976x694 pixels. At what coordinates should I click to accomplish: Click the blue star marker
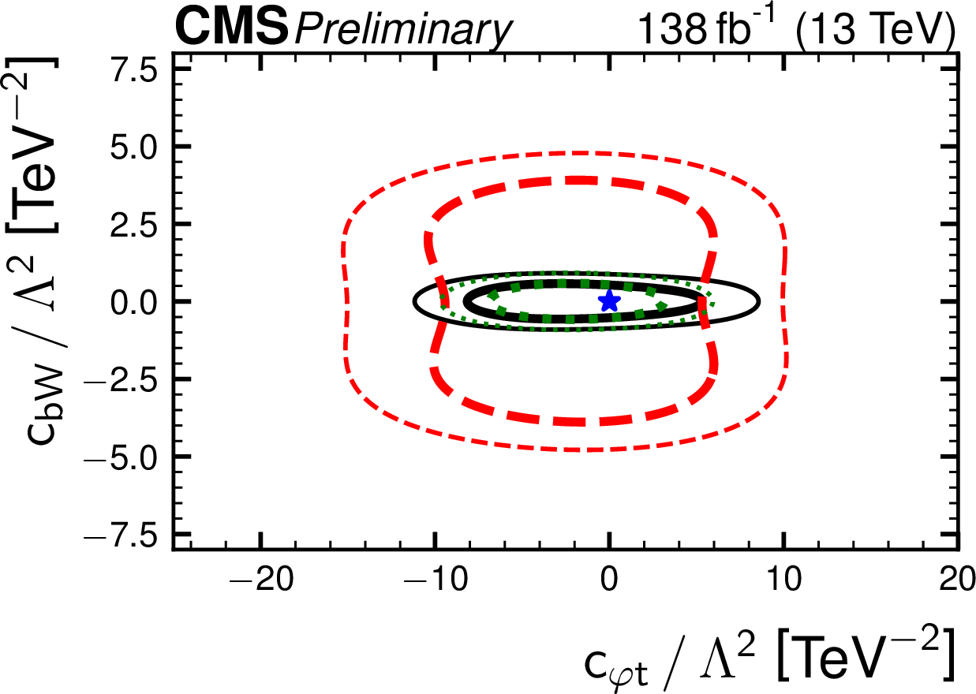pyautogui.click(x=608, y=300)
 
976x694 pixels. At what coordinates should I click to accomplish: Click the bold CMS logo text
pyautogui.click(x=231, y=28)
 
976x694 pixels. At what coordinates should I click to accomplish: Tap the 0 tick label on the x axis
pyautogui.click(x=608, y=582)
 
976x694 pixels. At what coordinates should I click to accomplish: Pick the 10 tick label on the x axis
pyautogui.click(x=783, y=582)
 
